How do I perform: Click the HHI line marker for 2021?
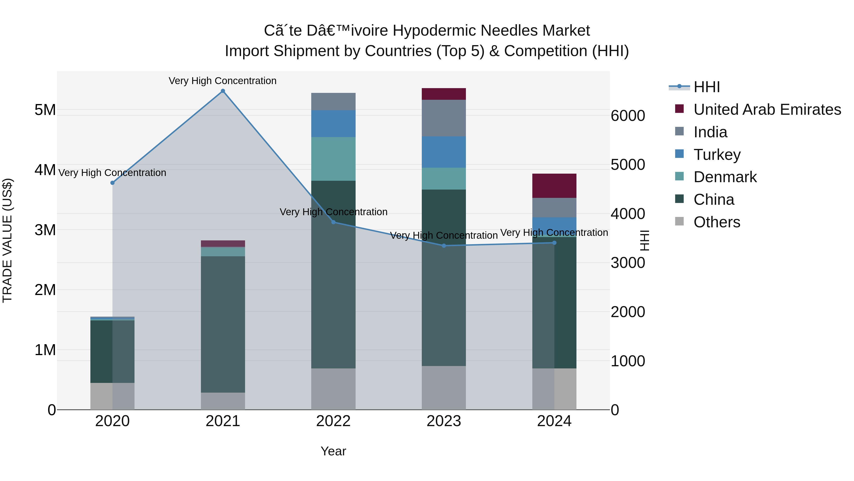pos(223,91)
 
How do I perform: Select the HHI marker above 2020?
pos(112,183)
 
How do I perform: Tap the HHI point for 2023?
pos(444,246)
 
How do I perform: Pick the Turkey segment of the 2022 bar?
pos(333,124)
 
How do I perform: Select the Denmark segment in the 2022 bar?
pos(333,159)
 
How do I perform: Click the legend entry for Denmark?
pos(725,177)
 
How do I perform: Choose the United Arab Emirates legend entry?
pos(767,110)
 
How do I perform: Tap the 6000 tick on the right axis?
pos(627,116)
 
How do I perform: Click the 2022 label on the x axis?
pos(333,421)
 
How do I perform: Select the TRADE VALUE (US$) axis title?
pos(8,240)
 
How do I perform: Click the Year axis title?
pos(333,451)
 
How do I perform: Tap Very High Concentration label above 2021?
pos(223,81)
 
